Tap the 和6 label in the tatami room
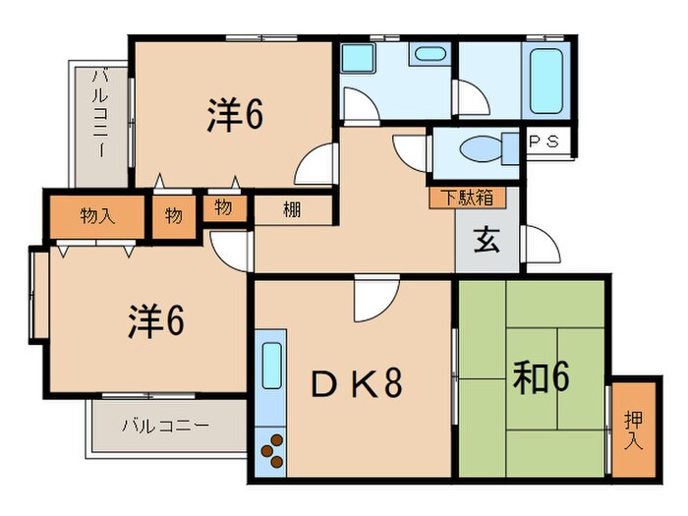[542, 376]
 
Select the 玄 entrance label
[487, 241]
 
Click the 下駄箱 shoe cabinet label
[467, 197]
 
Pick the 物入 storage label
[98, 215]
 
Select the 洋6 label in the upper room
[234, 115]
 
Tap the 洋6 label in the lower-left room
[156, 320]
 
